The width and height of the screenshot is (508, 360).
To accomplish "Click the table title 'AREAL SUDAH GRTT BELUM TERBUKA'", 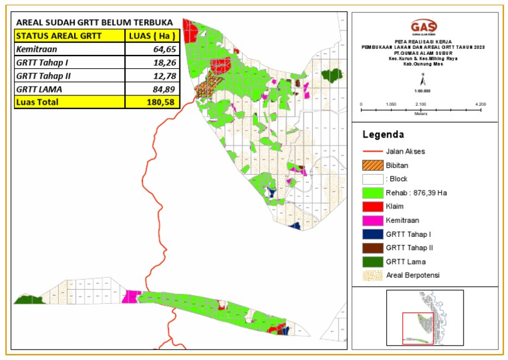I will point(94,22).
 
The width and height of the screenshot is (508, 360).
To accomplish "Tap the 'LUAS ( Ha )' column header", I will point(151,36).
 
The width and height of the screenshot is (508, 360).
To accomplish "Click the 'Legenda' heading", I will point(383,134).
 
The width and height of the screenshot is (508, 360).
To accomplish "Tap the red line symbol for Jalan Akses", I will point(372,152).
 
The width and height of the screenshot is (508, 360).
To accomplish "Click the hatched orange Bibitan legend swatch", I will point(372,165).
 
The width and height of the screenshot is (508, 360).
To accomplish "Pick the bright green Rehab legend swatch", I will point(372,193).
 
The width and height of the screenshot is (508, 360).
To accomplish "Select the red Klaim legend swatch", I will point(372,206).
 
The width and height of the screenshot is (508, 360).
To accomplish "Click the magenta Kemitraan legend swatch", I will point(372,220).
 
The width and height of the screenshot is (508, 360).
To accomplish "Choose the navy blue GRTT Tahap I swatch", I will point(372,234).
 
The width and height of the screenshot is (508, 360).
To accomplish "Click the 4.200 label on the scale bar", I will point(481,105).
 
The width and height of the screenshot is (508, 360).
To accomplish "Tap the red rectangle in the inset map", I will point(417,328).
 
